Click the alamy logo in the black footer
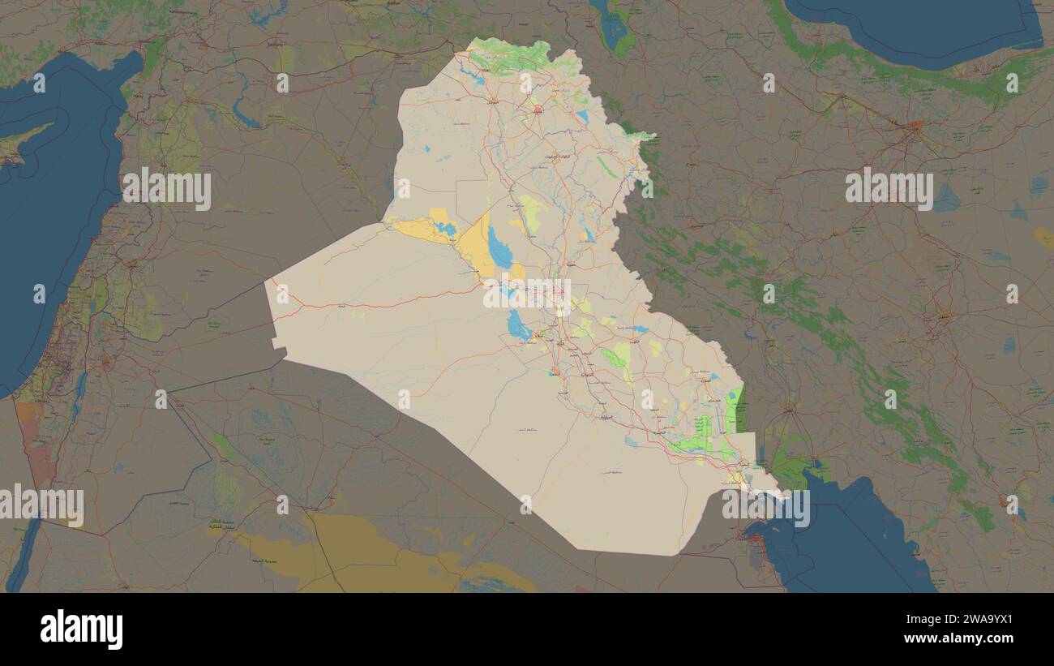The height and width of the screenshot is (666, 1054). tap(81, 629)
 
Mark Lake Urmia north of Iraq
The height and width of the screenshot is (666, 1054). tap(613, 30)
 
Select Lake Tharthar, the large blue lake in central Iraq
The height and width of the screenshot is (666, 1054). tap(499, 249)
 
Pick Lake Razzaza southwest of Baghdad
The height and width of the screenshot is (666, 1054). tap(517, 325)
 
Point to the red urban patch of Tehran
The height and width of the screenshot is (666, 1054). tap(914, 126)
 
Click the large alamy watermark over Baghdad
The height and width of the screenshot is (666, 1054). tap(527, 294)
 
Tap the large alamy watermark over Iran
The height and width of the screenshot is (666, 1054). tap(889, 188)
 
